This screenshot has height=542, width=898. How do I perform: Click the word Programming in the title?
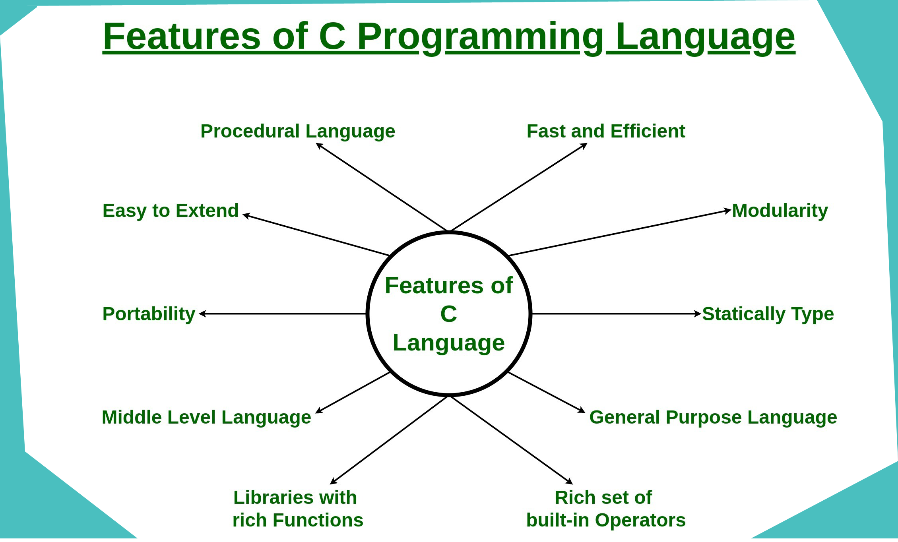[481, 38]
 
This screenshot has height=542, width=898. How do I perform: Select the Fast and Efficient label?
[606, 131]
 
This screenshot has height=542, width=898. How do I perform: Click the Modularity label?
[780, 211]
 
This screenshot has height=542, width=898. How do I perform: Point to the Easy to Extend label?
[171, 211]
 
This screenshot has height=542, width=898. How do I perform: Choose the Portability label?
[149, 314]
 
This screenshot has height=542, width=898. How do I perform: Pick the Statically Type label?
[768, 314]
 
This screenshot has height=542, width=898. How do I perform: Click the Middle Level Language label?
[206, 418]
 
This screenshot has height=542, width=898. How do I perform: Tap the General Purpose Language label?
[713, 418]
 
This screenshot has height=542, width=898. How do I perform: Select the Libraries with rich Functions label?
[298, 509]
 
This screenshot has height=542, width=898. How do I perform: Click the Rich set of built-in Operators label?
[606, 509]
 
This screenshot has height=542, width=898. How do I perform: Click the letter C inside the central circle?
[449, 314]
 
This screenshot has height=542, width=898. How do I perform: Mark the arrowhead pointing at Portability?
[203, 314]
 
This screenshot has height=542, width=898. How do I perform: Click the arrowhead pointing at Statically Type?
[698, 314]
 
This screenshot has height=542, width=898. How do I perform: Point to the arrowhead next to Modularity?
[727, 211]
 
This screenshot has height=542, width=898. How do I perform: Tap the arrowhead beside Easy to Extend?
[246, 216]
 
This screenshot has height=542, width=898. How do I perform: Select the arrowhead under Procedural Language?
[320, 146]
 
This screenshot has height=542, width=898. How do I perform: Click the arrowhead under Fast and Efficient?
[584, 146]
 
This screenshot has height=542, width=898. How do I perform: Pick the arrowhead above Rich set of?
[569, 481]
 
